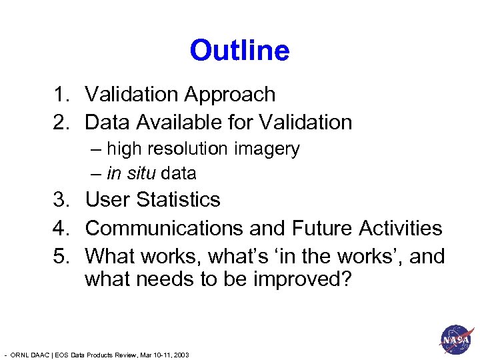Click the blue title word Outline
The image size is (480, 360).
click(x=239, y=51)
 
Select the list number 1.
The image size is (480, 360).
click(x=59, y=95)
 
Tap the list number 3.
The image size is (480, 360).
click(x=59, y=199)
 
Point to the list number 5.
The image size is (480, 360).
click(x=59, y=256)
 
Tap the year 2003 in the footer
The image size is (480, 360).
click(x=181, y=355)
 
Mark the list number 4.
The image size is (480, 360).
click(x=59, y=228)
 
